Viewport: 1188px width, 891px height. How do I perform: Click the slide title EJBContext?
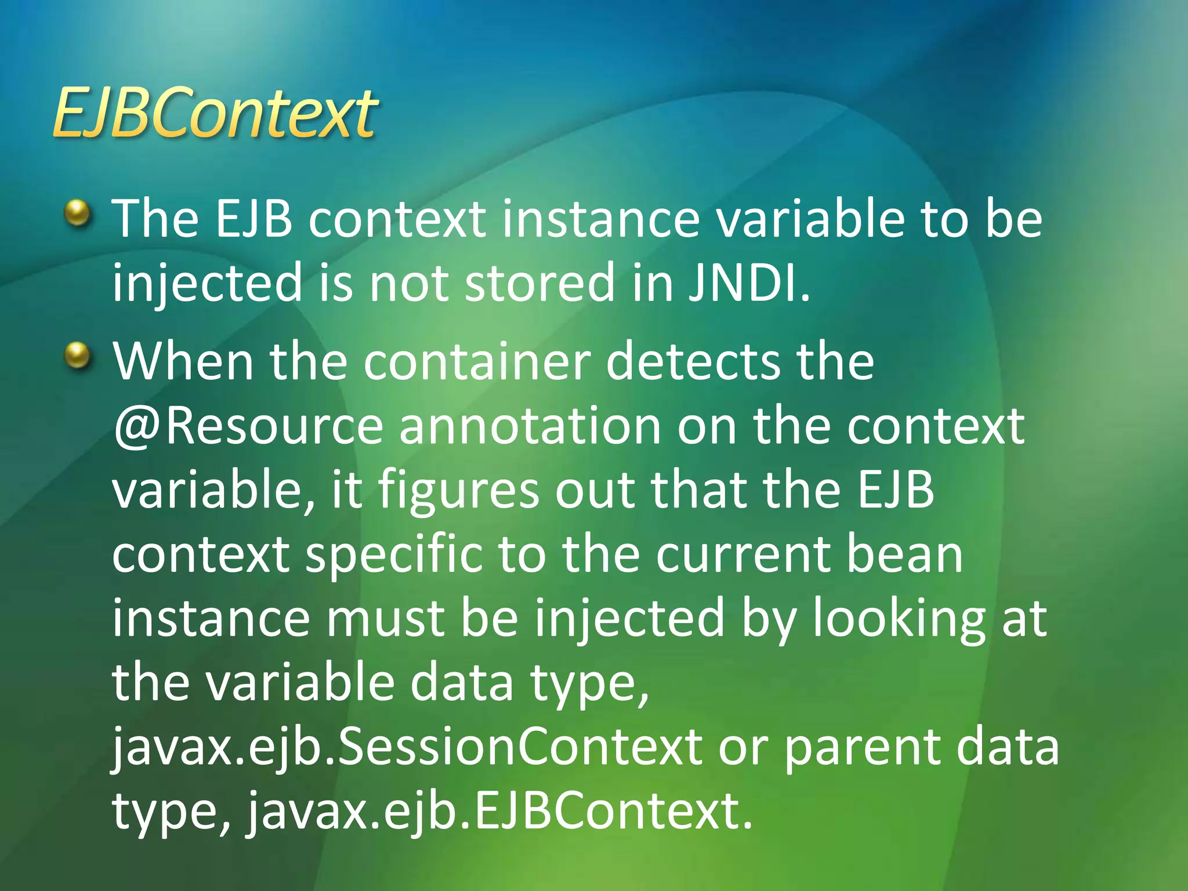click(215, 114)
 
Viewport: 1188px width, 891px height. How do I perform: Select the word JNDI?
click(748, 283)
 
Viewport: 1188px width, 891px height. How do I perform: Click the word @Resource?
click(248, 426)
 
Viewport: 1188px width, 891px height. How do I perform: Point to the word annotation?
click(530, 426)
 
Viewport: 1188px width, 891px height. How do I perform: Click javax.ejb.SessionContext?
click(406, 747)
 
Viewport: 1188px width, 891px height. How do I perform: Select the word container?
click(477, 362)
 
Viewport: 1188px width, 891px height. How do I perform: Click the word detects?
click(693, 362)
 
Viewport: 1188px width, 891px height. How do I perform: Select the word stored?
click(539, 283)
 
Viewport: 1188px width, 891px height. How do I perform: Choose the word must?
click(385, 618)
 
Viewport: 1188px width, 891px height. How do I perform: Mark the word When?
click(183, 362)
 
